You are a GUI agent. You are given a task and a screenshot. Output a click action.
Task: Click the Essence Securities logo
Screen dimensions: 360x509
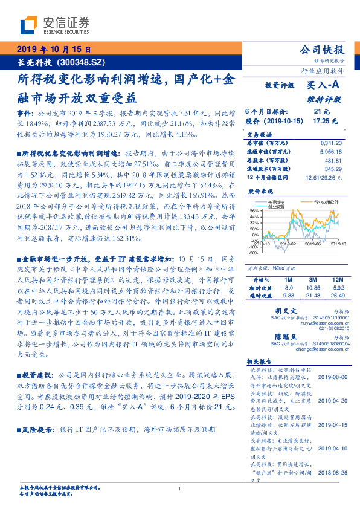tap(54, 25)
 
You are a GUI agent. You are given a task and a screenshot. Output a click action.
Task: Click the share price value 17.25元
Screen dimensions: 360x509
tap(320, 121)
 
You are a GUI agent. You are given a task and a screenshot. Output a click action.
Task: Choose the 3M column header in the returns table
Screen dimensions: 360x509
tap(312, 280)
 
